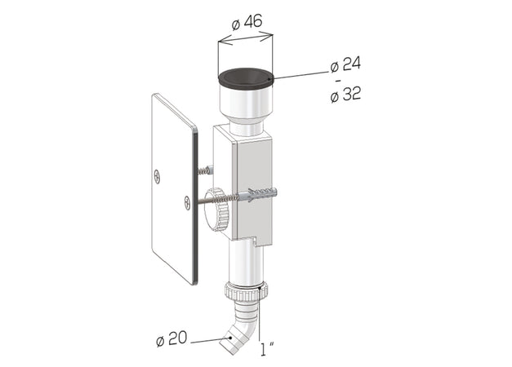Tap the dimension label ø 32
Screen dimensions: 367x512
click(x=345, y=95)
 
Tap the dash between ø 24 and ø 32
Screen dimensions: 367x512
click(x=336, y=81)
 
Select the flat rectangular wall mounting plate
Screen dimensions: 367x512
click(x=174, y=187)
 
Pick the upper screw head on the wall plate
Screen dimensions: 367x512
click(x=158, y=174)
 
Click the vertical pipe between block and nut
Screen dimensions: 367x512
click(x=245, y=261)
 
